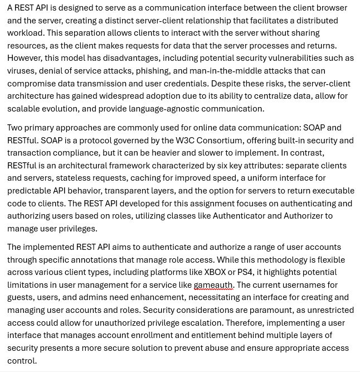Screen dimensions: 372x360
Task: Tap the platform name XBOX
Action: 215,272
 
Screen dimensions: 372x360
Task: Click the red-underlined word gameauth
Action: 213,285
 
